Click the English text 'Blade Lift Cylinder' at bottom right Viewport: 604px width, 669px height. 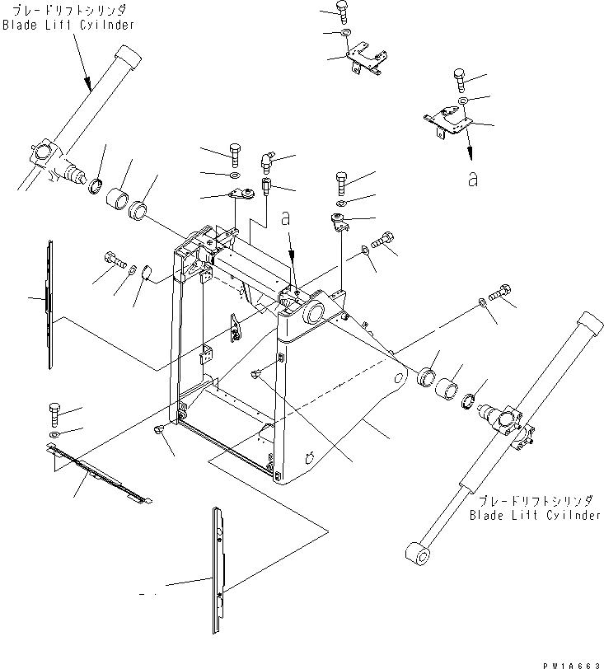click(535, 516)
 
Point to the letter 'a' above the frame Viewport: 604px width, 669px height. click(285, 219)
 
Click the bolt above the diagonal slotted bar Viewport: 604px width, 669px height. click(54, 410)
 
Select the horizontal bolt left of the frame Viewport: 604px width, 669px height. click(114, 260)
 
